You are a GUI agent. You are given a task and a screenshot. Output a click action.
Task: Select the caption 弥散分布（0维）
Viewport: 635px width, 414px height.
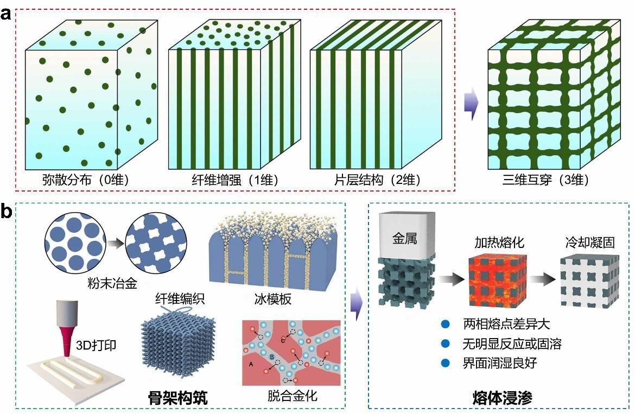[x=85, y=180]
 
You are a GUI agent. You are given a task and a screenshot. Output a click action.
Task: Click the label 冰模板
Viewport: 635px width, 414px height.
[x=270, y=298]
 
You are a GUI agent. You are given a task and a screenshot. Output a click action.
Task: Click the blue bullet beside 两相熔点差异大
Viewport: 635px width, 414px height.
[x=446, y=324]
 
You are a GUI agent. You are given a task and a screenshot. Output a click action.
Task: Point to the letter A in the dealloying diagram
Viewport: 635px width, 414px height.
[x=250, y=365]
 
